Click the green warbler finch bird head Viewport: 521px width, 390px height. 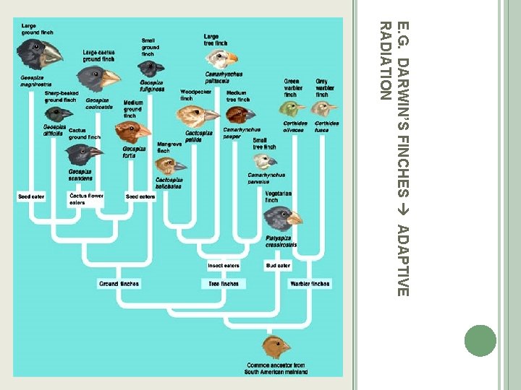point(293,109)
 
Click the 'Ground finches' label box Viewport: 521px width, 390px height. point(119,284)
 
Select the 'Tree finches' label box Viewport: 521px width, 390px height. point(224,284)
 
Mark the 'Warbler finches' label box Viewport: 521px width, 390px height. point(309,284)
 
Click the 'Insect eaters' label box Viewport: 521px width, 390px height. point(224,266)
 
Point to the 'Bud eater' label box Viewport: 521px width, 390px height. point(278,266)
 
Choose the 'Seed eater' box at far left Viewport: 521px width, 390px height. point(33,196)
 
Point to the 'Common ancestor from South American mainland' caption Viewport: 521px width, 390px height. point(276,368)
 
